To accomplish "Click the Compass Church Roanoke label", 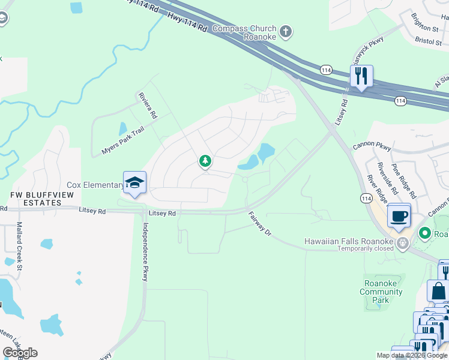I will point(244,32).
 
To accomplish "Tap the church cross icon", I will point(286,31).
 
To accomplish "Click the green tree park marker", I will point(205,161).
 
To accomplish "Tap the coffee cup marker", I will point(399,216).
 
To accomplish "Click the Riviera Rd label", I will point(147,106).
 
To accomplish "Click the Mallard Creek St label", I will point(19,238).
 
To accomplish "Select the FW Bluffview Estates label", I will point(35,199).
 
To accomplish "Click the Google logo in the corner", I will point(20,353).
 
